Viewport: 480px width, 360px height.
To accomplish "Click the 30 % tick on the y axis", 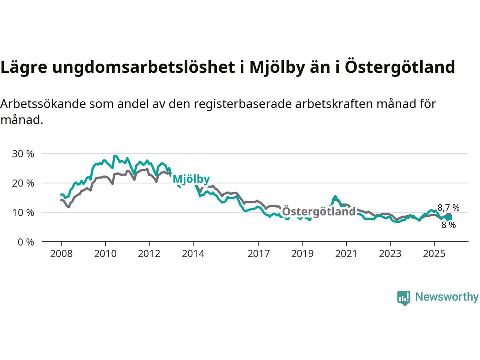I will pyautogui.click(x=23, y=154).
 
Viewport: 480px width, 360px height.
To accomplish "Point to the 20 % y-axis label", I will pyautogui.click(x=23, y=183).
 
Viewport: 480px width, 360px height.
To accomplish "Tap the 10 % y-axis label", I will pyautogui.click(x=23, y=213).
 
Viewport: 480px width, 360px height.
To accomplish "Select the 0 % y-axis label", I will pyautogui.click(x=26, y=242).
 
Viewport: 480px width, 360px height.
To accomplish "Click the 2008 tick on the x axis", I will pyautogui.click(x=61, y=254).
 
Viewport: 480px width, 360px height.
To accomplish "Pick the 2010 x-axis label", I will pyautogui.click(x=105, y=254).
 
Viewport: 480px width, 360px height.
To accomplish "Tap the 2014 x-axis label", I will pyautogui.click(x=193, y=254).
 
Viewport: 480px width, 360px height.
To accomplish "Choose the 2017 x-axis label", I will pyautogui.click(x=259, y=254).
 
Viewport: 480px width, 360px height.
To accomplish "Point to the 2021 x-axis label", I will pyautogui.click(x=346, y=254).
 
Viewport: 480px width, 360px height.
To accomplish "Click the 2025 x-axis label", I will pyautogui.click(x=434, y=254).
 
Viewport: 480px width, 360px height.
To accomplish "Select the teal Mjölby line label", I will pyautogui.click(x=191, y=179).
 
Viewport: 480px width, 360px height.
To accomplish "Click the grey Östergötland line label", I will pyautogui.click(x=318, y=212).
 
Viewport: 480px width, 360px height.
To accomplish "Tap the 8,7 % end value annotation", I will pyautogui.click(x=448, y=208).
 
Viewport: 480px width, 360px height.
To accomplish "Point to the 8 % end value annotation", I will pyautogui.click(x=448, y=225).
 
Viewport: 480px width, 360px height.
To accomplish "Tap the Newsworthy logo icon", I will pyautogui.click(x=404, y=298).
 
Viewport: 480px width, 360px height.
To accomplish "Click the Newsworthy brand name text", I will pyautogui.click(x=447, y=297).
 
